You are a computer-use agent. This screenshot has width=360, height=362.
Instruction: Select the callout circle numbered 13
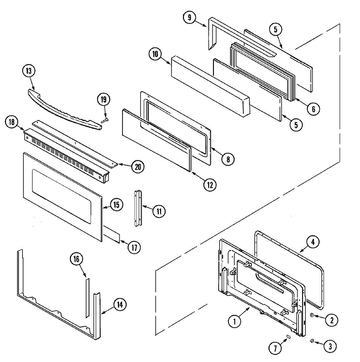[x=29, y=72]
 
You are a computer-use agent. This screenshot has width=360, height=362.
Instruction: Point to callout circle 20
[x=138, y=167]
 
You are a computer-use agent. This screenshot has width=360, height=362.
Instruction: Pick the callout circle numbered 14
[x=120, y=305]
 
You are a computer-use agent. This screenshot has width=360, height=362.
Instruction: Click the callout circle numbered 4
[x=313, y=243]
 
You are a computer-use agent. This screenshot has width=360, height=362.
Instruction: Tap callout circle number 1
[x=235, y=321]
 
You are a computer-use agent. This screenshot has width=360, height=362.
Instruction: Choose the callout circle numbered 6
[x=313, y=109]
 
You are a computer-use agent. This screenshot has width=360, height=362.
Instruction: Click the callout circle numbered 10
[x=155, y=55]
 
